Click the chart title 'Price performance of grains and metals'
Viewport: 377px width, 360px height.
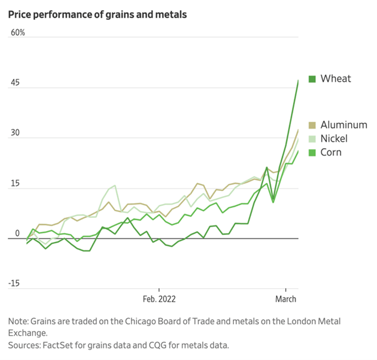coord(97,14)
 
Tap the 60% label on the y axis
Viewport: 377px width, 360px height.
coord(18,33)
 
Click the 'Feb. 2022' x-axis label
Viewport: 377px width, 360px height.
coord(159,299)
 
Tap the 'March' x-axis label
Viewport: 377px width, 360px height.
coord(285,299)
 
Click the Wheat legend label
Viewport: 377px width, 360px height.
coord(336,79)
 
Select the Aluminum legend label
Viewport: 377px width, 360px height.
coord(344,126)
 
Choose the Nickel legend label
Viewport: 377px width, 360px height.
coord(335,138)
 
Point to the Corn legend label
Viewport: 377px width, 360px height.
coord(331,152)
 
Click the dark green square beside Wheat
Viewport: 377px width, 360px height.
coord(312,79)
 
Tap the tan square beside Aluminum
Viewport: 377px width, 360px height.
coord(312,126)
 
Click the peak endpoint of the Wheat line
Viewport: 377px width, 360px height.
coord(298,81)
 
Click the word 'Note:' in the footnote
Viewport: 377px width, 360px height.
coord(20,321)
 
